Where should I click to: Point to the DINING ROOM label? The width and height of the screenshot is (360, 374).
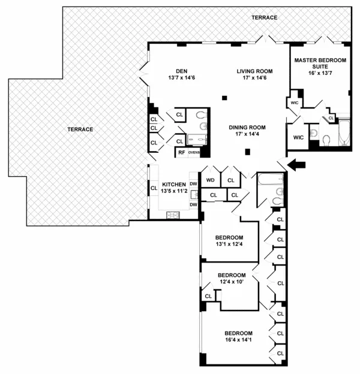tap(247, 127)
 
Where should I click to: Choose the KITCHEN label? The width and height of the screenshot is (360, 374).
tap(173, 184)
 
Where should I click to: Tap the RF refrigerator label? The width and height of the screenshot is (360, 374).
tap(181, 152)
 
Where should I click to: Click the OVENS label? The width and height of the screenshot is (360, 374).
tap(194, 152)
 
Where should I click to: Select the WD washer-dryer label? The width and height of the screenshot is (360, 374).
tap(211, 179)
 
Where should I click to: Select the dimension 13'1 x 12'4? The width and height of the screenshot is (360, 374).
tap(229, 244)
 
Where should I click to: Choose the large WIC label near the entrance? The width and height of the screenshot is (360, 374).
tap(298, 138)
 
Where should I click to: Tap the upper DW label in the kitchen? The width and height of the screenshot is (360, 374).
tap(193, 184)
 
